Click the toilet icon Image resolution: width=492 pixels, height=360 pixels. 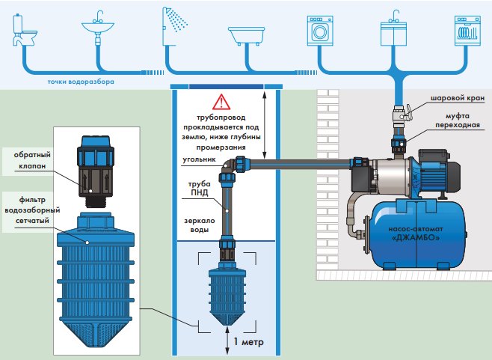pos(25,30)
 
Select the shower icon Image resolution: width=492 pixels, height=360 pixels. pos(175,26)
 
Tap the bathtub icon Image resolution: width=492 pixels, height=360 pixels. pos(246,35)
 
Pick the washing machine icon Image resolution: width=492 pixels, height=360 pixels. pos(319,31)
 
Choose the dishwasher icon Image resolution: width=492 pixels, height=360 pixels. pos(467,31)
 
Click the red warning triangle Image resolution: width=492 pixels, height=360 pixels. pos(221,102)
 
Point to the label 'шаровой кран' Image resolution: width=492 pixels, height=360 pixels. pos(458,98)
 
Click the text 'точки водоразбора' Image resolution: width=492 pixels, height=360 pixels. pos(81,82)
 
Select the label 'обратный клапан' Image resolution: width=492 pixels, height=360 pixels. pos(32,160)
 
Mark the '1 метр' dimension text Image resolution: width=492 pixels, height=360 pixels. pos(248,342)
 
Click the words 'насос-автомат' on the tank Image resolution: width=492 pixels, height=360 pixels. pos(416,229)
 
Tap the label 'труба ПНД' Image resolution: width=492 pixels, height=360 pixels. pos(199,188)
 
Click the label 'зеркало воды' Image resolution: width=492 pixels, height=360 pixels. pos(199,225)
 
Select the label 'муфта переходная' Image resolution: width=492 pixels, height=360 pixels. pos(457,120)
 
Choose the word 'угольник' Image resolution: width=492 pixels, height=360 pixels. pos(199,159)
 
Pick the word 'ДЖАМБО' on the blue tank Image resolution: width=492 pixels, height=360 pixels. pos(416,237)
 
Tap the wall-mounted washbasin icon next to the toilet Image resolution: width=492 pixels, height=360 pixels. pos(98,28)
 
